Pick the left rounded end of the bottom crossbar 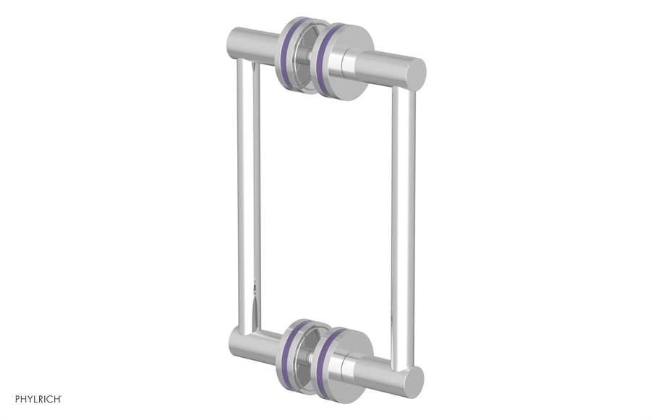(x=234, y=339)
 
